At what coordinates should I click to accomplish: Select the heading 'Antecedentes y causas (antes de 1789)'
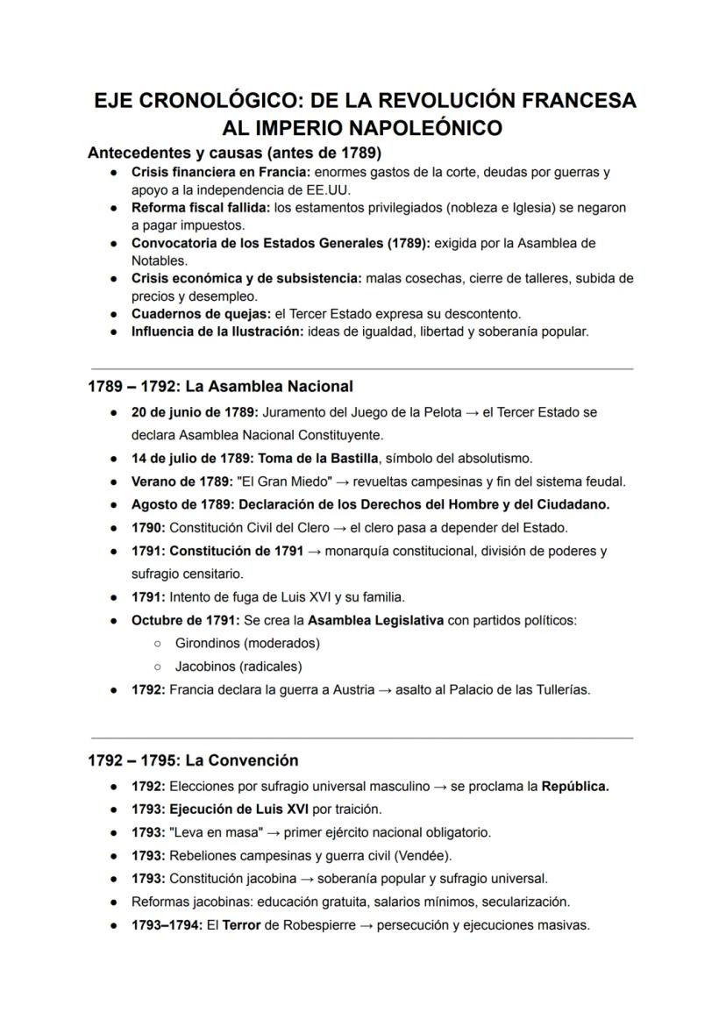pos(234,153)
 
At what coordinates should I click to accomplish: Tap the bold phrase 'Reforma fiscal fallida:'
pos(201,208)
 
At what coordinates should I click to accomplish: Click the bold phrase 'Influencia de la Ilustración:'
pos(217,332)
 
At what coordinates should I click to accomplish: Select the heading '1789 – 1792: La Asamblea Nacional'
pos(220,386)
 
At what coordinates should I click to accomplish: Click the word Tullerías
pos(558,689)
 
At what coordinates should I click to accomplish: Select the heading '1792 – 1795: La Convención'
pos(193,760)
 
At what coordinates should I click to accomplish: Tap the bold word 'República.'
pos(575,786)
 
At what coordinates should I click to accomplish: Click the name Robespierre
pos(319,924)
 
